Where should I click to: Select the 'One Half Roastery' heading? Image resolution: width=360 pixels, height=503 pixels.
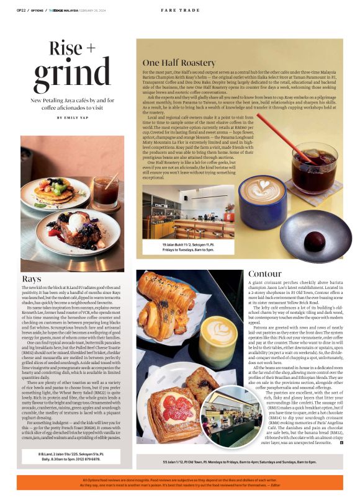click(179, 63)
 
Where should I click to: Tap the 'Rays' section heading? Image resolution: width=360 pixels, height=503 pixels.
click(31, 279)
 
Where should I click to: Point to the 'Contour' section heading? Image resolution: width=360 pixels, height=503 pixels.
click(264, 274)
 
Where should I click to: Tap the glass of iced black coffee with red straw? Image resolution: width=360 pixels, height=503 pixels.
click(314, 162)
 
